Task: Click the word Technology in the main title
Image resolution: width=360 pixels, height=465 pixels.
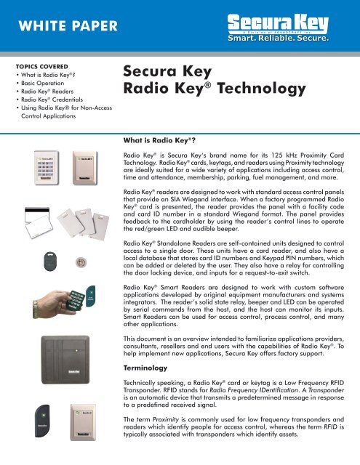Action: [246, 89]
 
